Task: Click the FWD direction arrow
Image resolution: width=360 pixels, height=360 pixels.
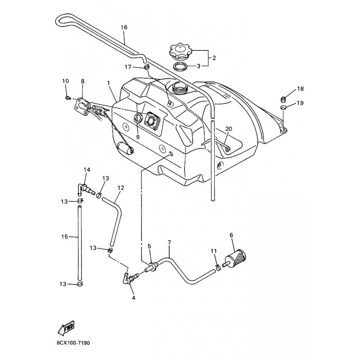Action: pos(66,327)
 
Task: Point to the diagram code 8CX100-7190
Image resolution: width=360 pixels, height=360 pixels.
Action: pos(73,343)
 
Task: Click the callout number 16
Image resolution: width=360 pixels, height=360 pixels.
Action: pos(124,27)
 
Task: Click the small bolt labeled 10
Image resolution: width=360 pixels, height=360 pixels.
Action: pos(67,98)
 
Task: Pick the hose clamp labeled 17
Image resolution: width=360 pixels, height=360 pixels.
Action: pos(147,67)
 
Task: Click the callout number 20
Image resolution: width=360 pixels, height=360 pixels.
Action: pos(229,129)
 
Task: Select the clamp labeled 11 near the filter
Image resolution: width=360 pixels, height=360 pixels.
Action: pos(218,267)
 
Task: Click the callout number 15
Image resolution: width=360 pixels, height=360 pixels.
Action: pos(65,237)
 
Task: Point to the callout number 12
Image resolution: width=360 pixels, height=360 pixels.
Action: pos(121,188)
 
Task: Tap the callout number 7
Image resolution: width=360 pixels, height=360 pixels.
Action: pos(170,243)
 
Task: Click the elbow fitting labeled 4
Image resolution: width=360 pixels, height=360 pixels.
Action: pos(128,278)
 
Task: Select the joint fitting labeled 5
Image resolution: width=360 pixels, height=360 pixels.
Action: pos(152,267)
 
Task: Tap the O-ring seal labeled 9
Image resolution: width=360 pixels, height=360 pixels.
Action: pos(138,118)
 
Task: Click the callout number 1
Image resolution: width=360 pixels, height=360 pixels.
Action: pos(108,82)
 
